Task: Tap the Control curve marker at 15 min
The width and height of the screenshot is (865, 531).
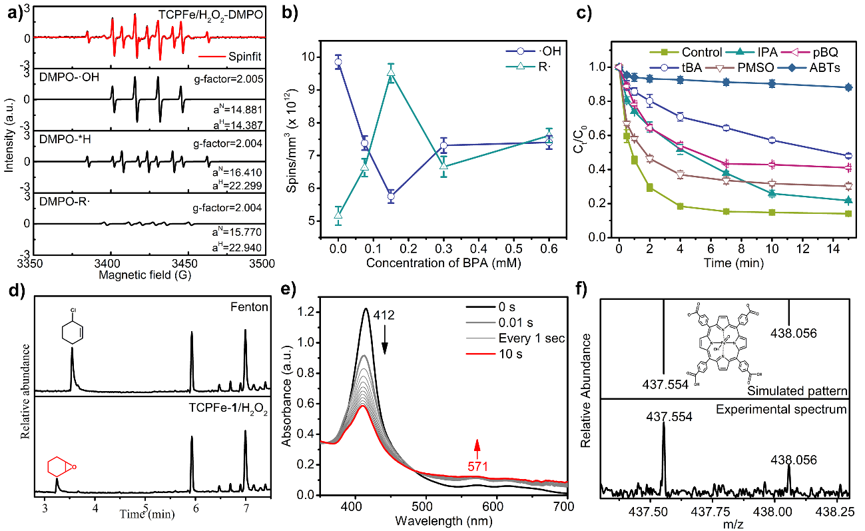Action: (848, 213)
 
